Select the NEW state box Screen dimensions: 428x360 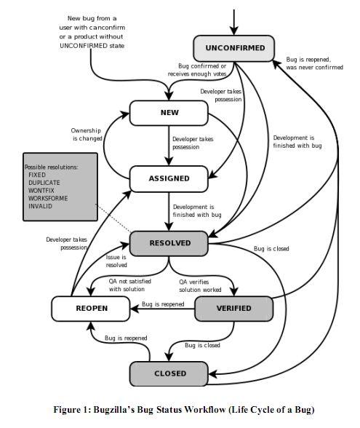[x=169, y=113]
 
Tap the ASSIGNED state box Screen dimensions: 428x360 [x=169, y=178]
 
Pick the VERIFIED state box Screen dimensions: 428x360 [x=233, y=309]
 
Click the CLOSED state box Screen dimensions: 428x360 [x=169, y=373]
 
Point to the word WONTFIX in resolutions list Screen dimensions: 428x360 [x=41, y=190]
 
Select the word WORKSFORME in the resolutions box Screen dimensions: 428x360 [x=47, y=198]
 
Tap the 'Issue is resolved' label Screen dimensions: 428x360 [x=116, y=261]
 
